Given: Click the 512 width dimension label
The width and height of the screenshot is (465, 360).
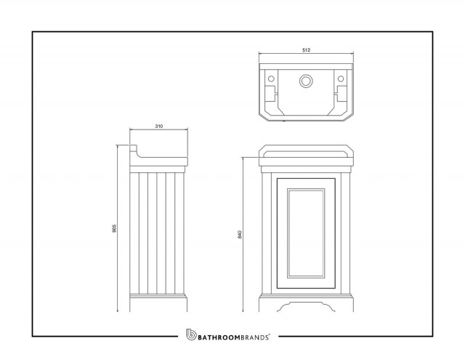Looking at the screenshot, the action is pyautogui.click(x=306, y=50).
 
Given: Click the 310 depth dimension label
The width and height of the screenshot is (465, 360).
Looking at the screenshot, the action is pyautogui.click(x=159, y=126).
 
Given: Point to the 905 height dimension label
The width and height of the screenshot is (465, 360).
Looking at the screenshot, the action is pyautogui.click(x=115, y=228).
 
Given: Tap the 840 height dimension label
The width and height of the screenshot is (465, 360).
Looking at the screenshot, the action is pyautogui.click(x=240, y=234).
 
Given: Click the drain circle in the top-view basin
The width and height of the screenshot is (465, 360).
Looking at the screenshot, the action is pyautogui.click(x=305, y=81).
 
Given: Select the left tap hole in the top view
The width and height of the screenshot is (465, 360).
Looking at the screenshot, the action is pyautogui.click(x=271, y=79).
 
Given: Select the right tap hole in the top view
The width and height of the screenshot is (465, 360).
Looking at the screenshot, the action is pyautogui.click(x=341, y=79).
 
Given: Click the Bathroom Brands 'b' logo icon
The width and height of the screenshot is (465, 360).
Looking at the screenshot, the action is pyautogui.click(x=191, y=335).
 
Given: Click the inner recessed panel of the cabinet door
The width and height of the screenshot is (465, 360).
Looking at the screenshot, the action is pyautogui.click(x=306, y=233).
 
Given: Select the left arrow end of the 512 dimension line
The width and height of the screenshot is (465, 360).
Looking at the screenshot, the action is pyautogui.click(x=259, y=54).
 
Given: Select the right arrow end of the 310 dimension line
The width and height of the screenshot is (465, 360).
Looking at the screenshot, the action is pyautogui.click(x=187, y=129).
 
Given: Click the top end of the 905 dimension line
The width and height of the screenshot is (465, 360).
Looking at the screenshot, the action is pyautogui.click(x=118, y=145).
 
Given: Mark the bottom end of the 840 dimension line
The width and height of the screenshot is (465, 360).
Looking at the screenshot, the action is pyautogui.click(x=243, y=311).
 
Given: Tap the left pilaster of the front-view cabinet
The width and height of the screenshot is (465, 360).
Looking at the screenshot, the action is pyautogui.click(x=267, y=233).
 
